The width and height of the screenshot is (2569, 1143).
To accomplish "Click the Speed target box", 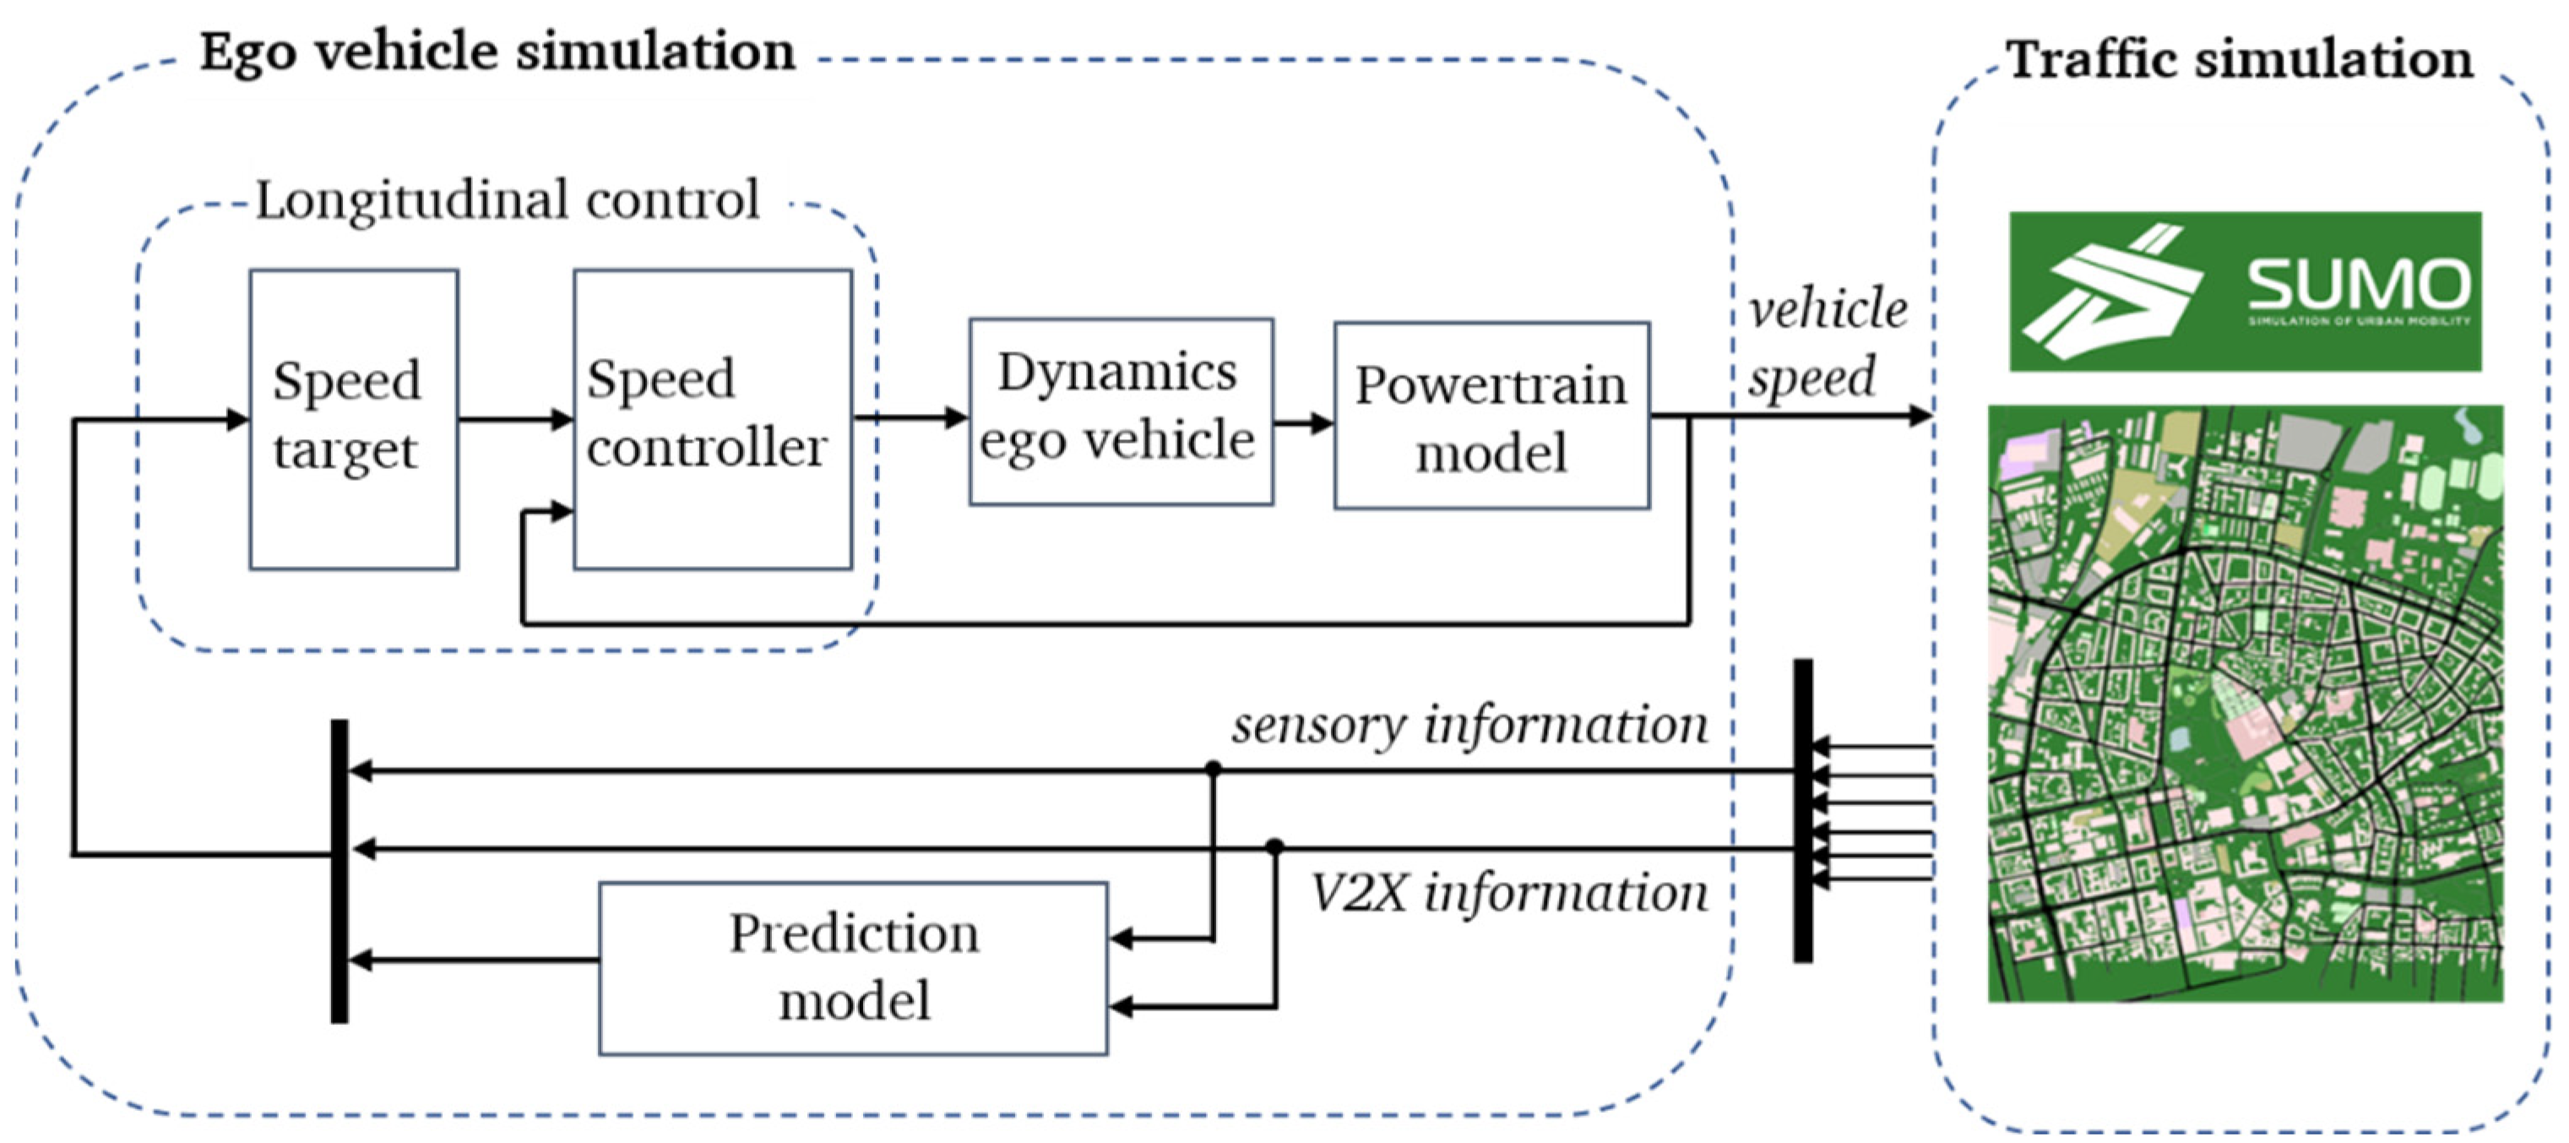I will (353, 419).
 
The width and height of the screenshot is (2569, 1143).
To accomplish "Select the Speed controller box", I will (712, 419).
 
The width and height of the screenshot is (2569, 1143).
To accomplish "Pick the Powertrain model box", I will (1491, 416).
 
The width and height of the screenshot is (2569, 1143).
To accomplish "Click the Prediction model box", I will (853, 967).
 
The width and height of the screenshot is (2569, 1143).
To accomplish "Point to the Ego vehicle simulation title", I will (497, 52).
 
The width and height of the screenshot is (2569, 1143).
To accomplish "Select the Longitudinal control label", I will (508, 200).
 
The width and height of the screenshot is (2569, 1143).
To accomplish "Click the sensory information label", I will (1469, 725).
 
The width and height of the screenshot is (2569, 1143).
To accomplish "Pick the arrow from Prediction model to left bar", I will (474, 961).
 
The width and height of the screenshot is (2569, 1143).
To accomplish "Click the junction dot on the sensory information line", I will (1213, 769).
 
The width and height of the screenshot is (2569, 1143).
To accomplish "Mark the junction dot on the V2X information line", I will (1274, 846).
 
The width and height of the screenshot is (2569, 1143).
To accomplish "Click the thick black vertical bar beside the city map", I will (1802, 810).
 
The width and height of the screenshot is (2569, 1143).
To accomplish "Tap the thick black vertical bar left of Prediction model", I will (339, 871).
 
